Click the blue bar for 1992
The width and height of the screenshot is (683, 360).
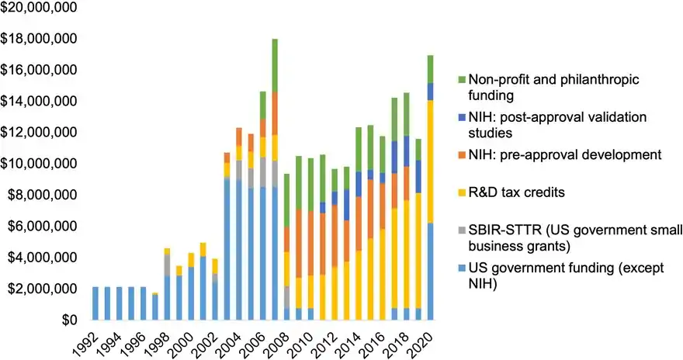95,303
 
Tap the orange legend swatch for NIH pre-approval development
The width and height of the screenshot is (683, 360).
461,154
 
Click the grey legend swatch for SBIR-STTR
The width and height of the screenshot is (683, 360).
461,230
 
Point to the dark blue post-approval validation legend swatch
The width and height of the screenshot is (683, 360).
461,117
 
